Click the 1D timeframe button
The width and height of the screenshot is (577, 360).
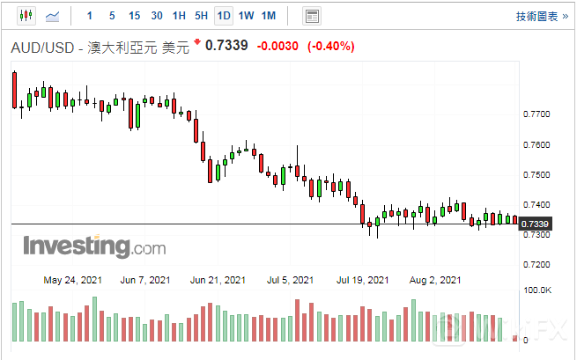[x=224, y=16]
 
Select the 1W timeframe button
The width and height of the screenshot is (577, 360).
[x=246, y=16]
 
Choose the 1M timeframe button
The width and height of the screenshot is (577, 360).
[x=269, y=16]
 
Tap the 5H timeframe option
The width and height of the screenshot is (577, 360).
[x=201, y=16]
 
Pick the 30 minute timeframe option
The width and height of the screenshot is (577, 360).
[x=157, y=16]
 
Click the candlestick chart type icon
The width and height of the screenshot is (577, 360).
[x=25, y=16]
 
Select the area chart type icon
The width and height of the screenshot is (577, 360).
[x=53, y=16]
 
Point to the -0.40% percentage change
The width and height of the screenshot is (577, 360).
[x=329, y=48]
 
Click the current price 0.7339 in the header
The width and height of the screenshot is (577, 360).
[x=226, y=48]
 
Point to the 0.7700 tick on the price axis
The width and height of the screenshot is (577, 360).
[x=536, y=114]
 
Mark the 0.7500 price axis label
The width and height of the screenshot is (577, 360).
[x=536, y=174]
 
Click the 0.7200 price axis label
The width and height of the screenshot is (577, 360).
[x=536, y=264]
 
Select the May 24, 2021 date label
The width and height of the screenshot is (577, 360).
[x=72, y=280]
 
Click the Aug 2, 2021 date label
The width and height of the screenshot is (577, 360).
[x=437, y=280]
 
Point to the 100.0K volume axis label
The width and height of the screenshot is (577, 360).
[x=538, y=290]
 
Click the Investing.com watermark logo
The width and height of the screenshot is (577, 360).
[x=82, y=246]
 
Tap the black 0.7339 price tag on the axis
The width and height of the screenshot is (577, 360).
[x=536, y=225]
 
